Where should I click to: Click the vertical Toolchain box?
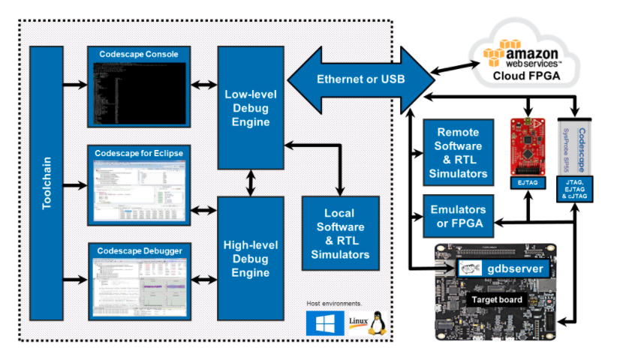pyautogui.click(x=47, y=182)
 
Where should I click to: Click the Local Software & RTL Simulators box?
pyautogui.click(x=340, y=233)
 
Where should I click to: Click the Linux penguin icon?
pyautogui.click(x=378, y=322)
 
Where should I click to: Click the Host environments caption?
pyautogui.click(x=334, y=303)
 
